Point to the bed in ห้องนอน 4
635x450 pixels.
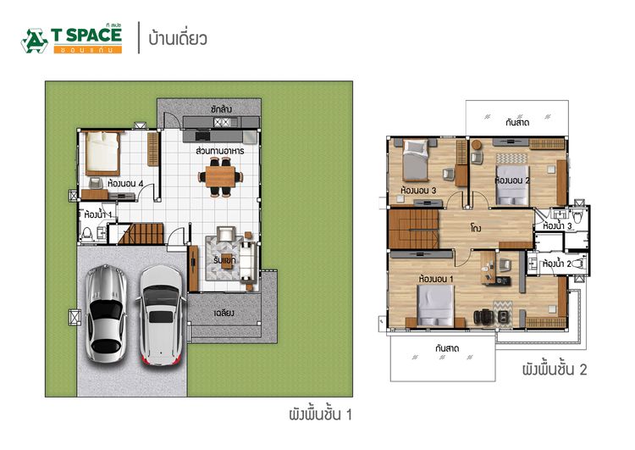(x=103, y=153)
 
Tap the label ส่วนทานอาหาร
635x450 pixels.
(x=220, y=151)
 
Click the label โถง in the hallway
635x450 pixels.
(x=478, y=229)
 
